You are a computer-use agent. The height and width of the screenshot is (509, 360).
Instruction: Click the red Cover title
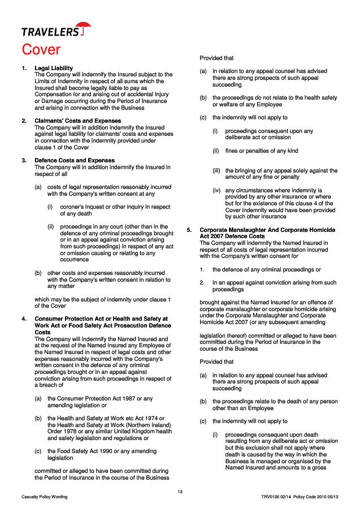tap(41, 50)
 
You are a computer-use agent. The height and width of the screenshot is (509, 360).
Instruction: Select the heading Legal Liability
tap(54, 68)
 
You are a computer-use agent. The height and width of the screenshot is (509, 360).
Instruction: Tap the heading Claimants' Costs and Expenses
tap(78, 121)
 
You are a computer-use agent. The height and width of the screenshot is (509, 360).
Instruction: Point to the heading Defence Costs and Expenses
tap(75, 161)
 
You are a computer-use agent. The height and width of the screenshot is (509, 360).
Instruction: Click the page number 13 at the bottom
tap(180, 491)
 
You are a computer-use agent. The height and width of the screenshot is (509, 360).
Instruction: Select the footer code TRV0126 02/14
tap(275, 497)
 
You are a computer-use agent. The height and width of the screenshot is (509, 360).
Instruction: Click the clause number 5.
tap(189, 230)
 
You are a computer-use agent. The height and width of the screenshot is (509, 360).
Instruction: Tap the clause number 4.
tap(24, 319)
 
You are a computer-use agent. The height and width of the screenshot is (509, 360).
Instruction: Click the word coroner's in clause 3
tap(73, 207)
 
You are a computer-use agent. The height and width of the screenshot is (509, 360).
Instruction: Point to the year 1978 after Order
tap(72, 431)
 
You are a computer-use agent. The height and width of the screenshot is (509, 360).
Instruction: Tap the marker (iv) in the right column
tap(216, 191)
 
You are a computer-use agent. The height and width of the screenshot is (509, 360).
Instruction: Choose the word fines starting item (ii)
tap(233, 151)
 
